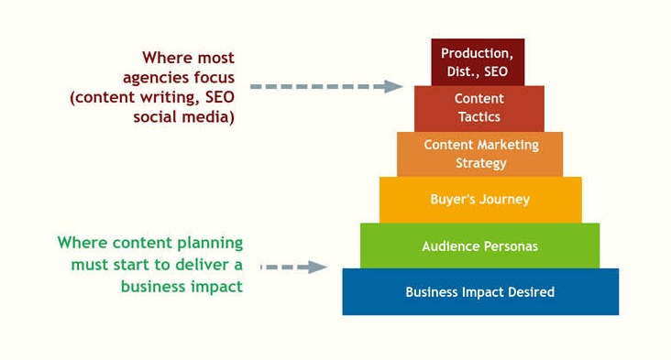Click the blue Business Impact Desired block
tap(480, 292)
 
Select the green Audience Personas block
tap(479, 246)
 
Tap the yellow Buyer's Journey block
tap(480, 200)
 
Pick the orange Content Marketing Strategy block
tap(480, 154)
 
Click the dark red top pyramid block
tap(478, 62)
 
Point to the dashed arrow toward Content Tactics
tap(325, 86)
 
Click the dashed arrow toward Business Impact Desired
tap(293, 267)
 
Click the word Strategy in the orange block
tap(480, 163)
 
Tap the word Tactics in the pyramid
tap(479, 117)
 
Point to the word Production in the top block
tap(476, 54)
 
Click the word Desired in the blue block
tap(531, 292)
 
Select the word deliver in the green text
tap(194, 265)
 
